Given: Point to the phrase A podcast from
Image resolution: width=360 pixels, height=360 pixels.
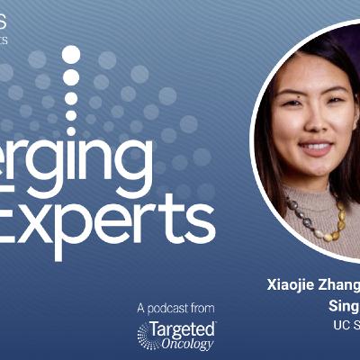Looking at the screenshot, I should pos(176,308).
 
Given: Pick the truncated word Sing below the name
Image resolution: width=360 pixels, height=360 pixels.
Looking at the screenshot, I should pos(343,306).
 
